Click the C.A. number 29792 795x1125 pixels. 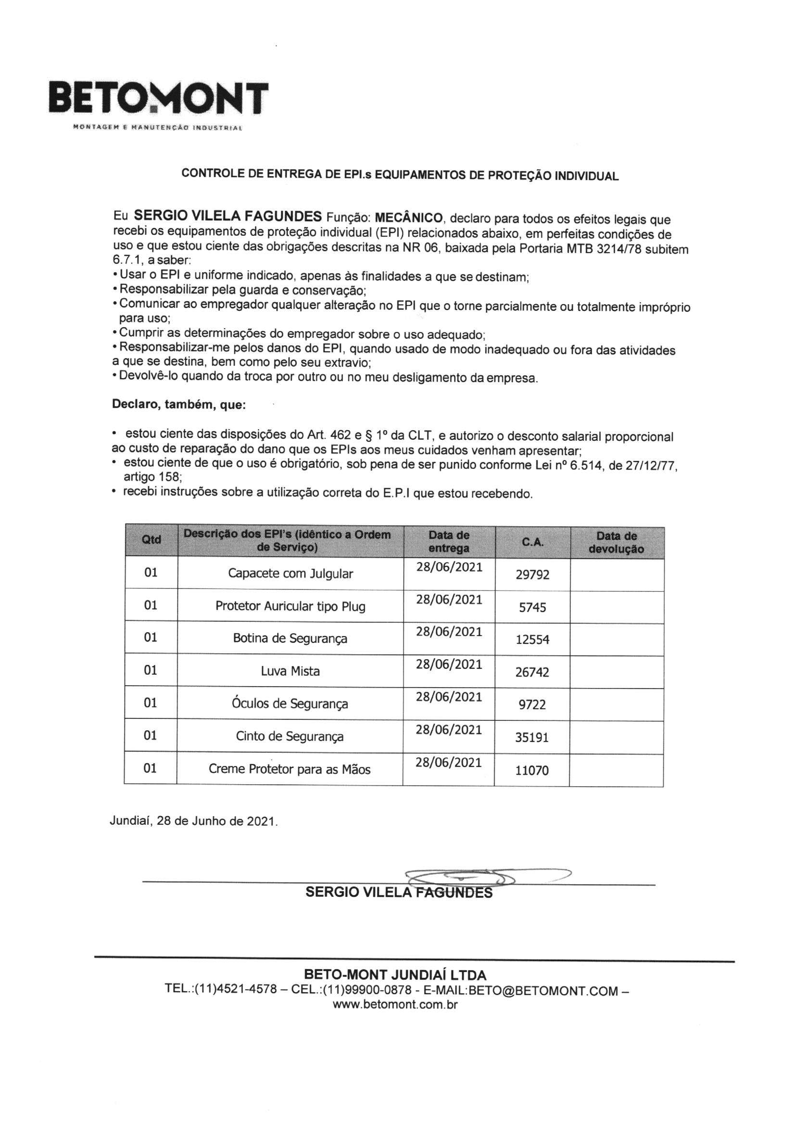pyautogui.click(x=532, y=574)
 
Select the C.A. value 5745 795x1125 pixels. pyautogui.click(x=532, y=607)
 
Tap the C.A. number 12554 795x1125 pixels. pyautogui.click(x=532, y=639)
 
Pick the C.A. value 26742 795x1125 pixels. pyautogui.click(x=532, y=672)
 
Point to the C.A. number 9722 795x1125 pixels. pyautogui.click(x=532, y=704)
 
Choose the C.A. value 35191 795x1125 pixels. pyautogui.click(x=532, y=737)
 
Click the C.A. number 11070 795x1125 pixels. pyautogui.click(x=532, y=770)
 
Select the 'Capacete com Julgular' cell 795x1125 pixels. pyautogui.click(x=290, y=573)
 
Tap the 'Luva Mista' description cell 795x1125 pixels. pyautogui.click(x=290, y=671)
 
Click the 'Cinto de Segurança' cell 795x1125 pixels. pyautogui.click(x=290, y=736)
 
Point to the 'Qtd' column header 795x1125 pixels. pyautogui.click(x=151, y=539)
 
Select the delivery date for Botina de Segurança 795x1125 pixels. pyautogui.click(x=449, y=632)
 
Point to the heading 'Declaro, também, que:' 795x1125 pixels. pyautogui.click(x=179, y=405)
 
